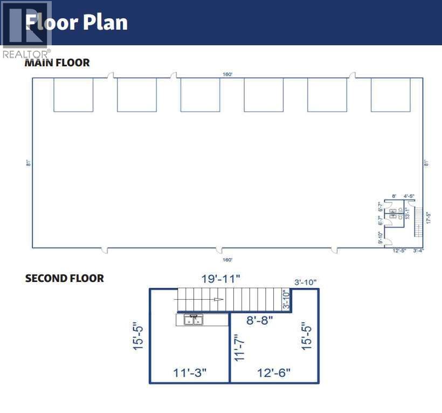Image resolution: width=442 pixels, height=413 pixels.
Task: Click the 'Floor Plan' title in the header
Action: tap(77, 22)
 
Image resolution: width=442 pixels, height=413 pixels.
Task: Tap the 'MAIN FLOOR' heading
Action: tap(57, 63)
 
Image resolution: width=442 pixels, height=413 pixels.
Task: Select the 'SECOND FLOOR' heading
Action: tap(65, 278)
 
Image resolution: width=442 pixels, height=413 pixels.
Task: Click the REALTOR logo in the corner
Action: tap(26, 30)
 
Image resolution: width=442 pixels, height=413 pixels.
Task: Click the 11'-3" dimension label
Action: tap(190, 373)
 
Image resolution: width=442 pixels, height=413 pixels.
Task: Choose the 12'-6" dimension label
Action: tap(273, 373)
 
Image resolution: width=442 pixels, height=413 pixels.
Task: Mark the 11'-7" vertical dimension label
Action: tap(240, 347)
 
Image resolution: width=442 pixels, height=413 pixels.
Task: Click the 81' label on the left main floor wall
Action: tap(27, 163)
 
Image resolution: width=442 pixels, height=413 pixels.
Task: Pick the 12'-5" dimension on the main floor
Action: tap(399, 251)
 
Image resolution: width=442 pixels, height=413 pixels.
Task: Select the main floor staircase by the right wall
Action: tap(417, 221)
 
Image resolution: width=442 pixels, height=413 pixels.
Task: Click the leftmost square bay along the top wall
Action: tap(73, 95)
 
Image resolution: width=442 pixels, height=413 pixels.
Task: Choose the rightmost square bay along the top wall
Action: tap(390, 95)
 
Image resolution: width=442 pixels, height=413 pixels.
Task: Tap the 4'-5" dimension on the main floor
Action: tap(409, 196)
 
